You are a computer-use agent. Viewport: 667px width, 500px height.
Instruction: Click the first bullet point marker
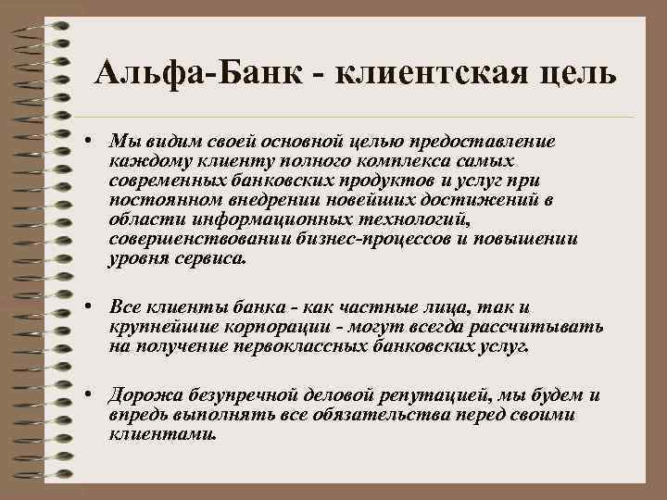(x=85, y=142)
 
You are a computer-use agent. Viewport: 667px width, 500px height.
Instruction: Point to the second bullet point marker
(x=85, y=306)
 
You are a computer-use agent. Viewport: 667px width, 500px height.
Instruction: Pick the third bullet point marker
(x=85, y=394)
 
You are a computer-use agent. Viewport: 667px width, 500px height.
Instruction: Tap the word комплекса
(x=419, y=160)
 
